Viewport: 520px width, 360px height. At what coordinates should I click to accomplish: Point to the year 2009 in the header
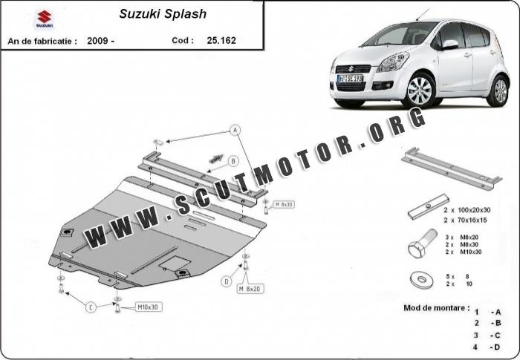[x=99, y=40]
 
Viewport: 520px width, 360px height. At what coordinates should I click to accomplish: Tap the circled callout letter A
[x=235, y=130]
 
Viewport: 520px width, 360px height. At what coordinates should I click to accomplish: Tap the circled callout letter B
[x=233, y=160]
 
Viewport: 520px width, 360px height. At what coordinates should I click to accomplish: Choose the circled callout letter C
[x=91, y=307]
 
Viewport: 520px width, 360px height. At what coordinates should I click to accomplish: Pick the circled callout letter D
[x=226, y=281]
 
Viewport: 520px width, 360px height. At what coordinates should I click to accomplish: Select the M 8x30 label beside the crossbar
[x=285, y=204]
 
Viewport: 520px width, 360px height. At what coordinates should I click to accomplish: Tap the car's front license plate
[x=350, y=77]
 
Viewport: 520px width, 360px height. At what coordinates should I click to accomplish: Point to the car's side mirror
[x=451, y=45]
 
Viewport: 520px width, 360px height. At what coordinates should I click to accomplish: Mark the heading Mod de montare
[x=437, y=307]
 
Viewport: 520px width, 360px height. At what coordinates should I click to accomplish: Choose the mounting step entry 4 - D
[x=487, y=347]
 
